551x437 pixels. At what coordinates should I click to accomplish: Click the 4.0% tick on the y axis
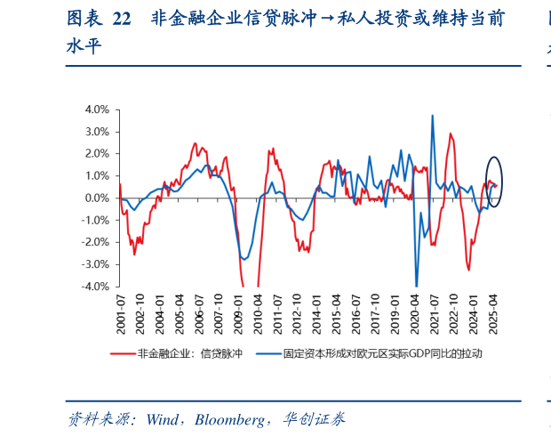pyautogui.click(x=97, y=109)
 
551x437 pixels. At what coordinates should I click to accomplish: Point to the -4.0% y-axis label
pyautogui.click(x=96, y=287)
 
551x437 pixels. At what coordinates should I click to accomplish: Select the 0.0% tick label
pyautogui.click(x=97, y=198)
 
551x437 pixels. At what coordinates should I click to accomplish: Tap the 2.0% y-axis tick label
pyautogui.click(x=97, y=153)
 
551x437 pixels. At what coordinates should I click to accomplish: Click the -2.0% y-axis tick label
pyautogui.click(x=96, y=242)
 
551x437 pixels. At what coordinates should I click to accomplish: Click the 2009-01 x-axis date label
pyautogui.click(x=238, y=313)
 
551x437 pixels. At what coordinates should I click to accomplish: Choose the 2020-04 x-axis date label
pyautogui.click(x=416, y=313)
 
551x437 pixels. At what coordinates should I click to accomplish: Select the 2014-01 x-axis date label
pyautogui.click(x=317, y=313)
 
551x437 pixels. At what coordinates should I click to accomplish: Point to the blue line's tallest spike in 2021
pyautogui.click(x=432, y=116)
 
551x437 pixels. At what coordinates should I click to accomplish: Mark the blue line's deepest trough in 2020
pyautogui.click(x=416, y=285)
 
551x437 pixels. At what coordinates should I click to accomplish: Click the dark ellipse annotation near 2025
pyautogui.click(x=495, y=182)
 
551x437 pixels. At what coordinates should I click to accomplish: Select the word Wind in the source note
pyautogui.click(x=159, y=417)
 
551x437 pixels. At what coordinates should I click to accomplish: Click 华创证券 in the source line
pyautogui.click(x=315, y=417)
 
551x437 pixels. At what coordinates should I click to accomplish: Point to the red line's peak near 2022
pyautogui.click(x=451, y=134)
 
